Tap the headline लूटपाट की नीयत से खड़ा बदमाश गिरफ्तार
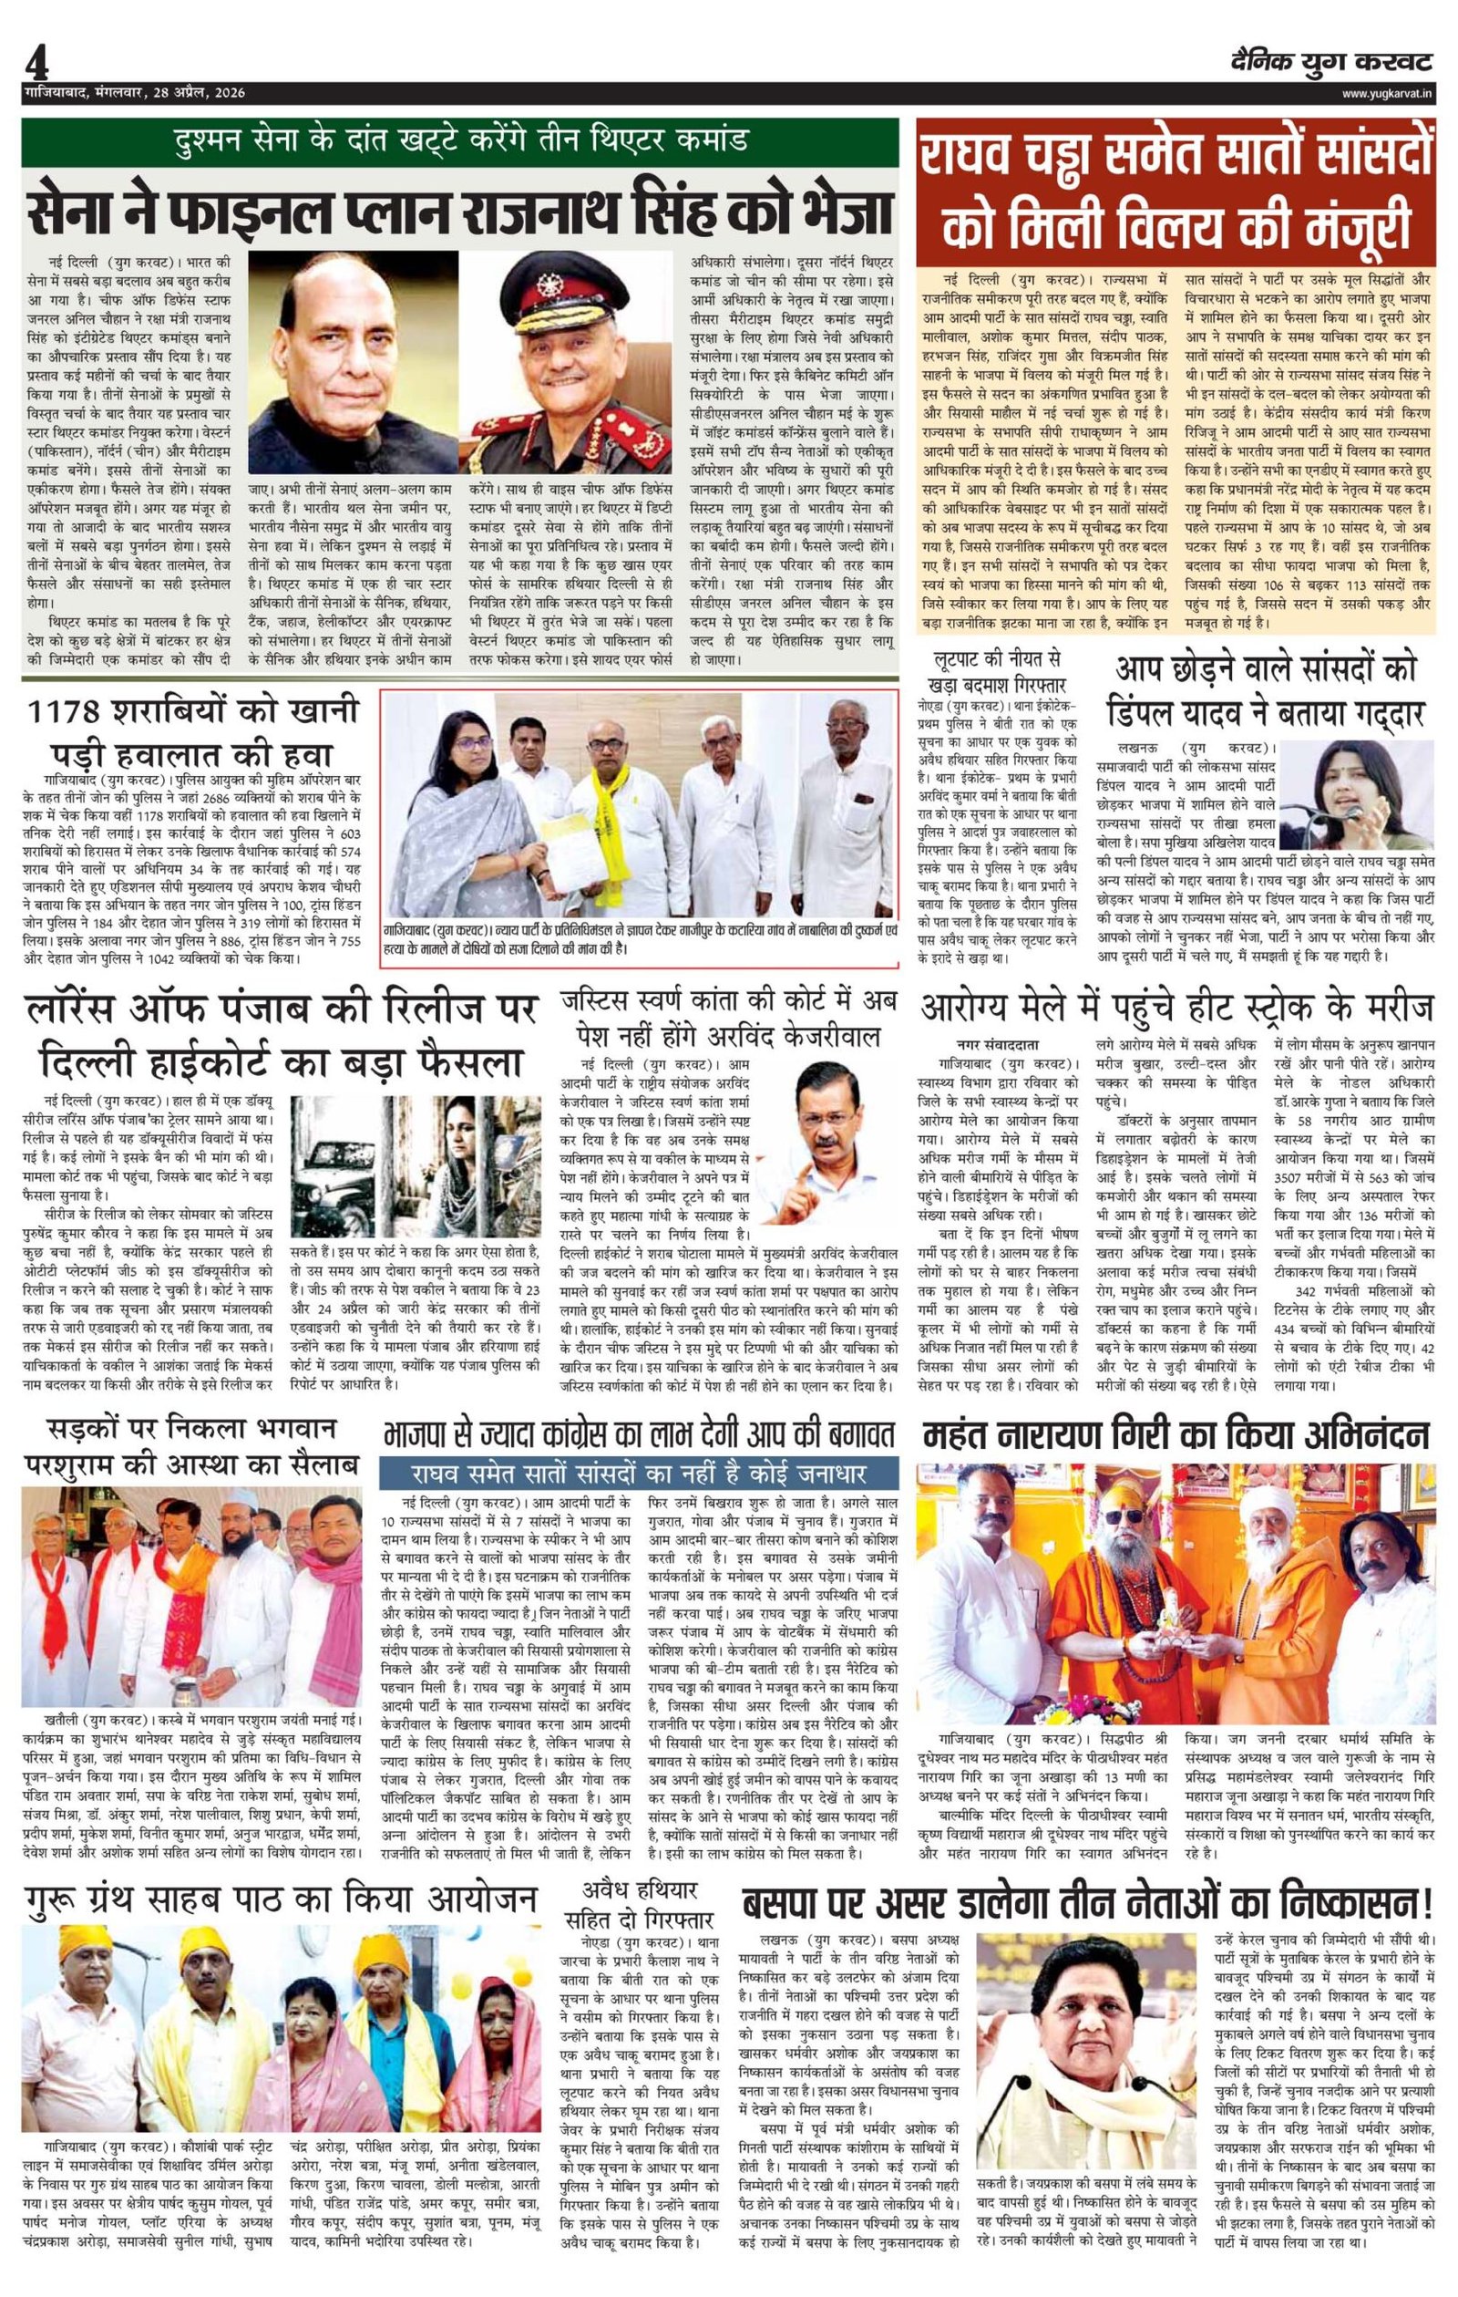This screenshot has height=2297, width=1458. coord(1001,671)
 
